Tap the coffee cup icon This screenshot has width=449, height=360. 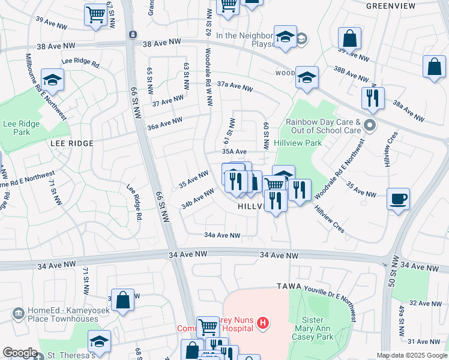398,199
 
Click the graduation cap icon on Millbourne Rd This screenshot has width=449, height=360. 53,80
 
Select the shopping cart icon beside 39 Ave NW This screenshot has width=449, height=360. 95,15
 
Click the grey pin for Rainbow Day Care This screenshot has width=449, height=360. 370,125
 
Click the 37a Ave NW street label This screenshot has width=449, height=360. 235,87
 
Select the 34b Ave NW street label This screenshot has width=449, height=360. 197,199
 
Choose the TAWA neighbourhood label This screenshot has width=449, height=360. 288,286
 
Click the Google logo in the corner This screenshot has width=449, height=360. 20,353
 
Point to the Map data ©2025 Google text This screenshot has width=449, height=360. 411,355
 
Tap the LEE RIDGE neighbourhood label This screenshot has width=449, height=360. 71,143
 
